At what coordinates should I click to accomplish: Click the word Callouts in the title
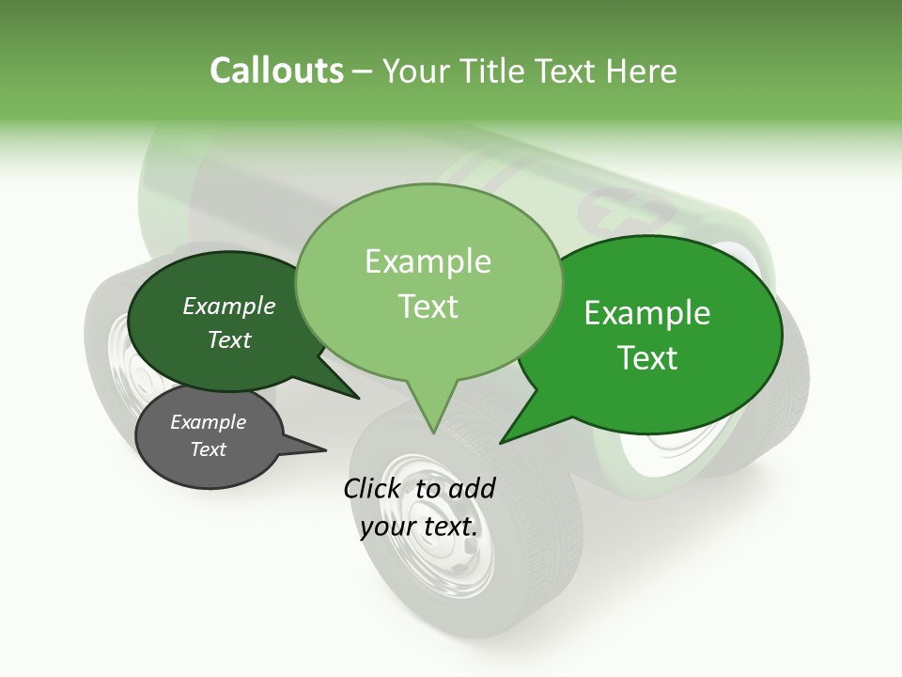pyautogui.click(x=276, y=71)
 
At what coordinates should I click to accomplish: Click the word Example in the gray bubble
pyautogui.click(x=209, y=422)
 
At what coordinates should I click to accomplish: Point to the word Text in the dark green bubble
pyautogui.click(x=229, y=339)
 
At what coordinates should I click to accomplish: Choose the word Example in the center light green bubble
pyautogui.click(x=428, y=261)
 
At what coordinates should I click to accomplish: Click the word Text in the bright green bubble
pyautogui.click(x=647, y=357)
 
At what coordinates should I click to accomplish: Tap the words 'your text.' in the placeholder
pyautogui.click(x=419, y=527)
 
